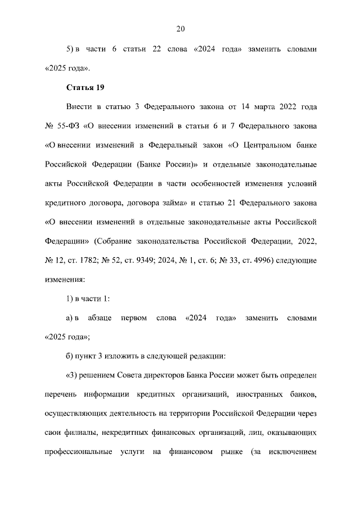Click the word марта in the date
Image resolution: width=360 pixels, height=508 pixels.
[258, 106]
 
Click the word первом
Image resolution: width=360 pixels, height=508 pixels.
[133, 318]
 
